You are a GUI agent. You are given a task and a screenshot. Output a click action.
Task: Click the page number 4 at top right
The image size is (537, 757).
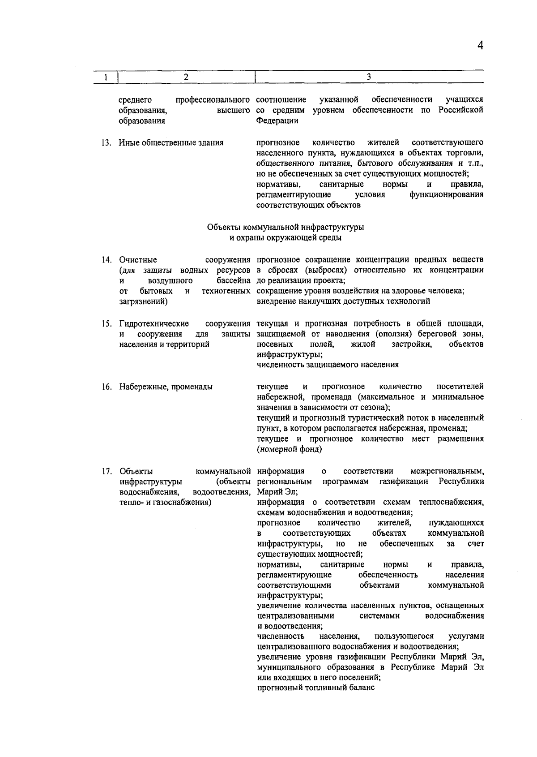480,46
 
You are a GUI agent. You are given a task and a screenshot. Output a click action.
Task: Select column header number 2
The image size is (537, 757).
186,77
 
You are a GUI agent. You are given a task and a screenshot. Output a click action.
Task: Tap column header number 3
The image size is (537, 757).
369,77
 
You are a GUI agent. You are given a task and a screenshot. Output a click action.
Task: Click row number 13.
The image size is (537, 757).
106,143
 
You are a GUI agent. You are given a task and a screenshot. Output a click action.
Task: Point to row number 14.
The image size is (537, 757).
106,260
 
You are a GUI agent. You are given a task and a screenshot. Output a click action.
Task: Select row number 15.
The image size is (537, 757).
106,323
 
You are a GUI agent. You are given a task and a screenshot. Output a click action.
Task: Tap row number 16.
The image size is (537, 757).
106,387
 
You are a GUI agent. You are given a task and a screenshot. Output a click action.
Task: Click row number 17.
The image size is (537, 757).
106,471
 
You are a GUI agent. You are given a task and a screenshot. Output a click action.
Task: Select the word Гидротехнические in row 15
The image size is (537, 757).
154,323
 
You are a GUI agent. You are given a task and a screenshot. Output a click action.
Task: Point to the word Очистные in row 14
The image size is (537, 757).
138,260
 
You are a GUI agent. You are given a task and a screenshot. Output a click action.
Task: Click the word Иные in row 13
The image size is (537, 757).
128,143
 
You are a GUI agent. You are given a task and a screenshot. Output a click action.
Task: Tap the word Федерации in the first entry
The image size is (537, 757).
277,120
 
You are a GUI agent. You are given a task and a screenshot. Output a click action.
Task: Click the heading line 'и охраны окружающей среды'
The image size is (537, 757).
286,238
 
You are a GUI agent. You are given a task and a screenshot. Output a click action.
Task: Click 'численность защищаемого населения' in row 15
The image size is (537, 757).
328,365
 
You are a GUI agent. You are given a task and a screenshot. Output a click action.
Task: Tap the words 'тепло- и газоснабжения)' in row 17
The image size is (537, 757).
165,502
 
